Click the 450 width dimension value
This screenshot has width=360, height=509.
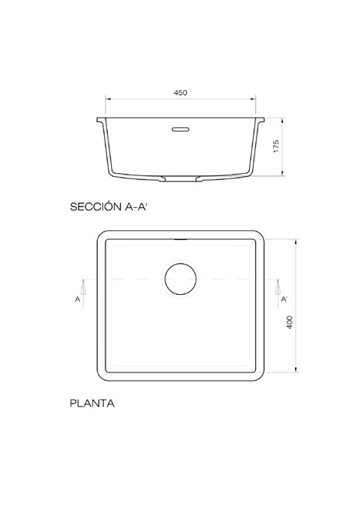click(181, 92)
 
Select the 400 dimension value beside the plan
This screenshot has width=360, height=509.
click(289, 323)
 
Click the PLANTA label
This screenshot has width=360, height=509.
click(92, 403)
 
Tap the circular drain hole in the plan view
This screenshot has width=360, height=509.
click(181, 279)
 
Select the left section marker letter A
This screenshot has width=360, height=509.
click(78, 299)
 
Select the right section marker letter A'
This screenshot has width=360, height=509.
click(284, 299)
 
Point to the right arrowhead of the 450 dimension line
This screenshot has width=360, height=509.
click(255, 99)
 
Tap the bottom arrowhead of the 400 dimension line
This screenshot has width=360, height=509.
click(296, 372)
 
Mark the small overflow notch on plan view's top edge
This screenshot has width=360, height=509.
click(181, 241)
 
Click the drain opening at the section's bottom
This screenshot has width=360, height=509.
click(181, 179)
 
